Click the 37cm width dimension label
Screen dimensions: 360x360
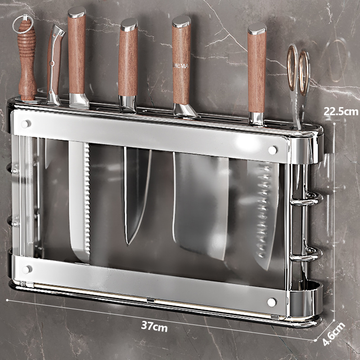pos(154,326)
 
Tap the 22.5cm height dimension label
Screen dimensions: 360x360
pos(341,112)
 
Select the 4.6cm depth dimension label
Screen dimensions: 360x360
pos(334,334)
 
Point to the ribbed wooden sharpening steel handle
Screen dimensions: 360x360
pos(27,60)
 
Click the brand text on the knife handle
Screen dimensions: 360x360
pos(181,66)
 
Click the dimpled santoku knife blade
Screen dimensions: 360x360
pos(263,213)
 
